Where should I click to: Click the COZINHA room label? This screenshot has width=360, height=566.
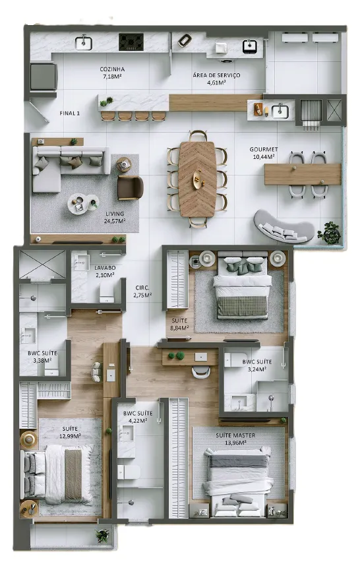pos(112,69)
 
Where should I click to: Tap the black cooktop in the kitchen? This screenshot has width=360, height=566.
pos(131,42)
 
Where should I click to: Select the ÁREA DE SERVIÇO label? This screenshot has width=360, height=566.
pos(216,75)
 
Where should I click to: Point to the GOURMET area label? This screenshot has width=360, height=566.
pos(264,149)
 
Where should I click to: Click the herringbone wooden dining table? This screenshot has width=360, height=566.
pos(198,179)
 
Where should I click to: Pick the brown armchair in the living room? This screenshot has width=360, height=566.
pos(131,188)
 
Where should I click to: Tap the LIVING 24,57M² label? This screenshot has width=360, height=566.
pos(115,217)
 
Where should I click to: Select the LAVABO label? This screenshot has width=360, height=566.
pos(105,267)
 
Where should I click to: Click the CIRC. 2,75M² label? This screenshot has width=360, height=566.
pos(142,292)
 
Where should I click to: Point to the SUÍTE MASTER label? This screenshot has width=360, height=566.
pos(235,435)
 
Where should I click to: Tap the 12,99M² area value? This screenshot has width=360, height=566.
pos(70,435)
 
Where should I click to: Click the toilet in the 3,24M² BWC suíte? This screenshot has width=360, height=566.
pos(235,360)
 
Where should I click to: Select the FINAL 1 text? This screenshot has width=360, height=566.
pos(70,113)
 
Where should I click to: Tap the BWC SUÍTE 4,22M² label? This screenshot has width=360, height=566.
pos(138,417)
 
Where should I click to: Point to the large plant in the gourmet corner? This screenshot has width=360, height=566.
pos(329,233)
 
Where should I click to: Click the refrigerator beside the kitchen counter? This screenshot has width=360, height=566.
pos(44,77)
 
